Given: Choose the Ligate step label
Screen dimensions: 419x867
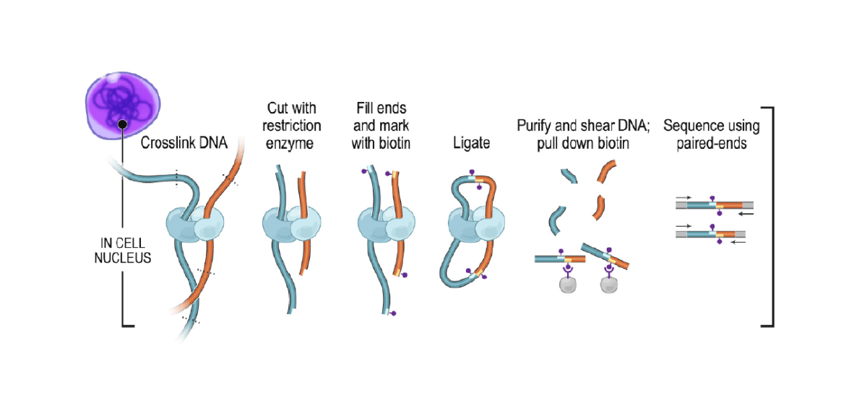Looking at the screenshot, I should coord(471,143).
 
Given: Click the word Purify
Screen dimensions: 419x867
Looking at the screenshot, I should coord(535,126).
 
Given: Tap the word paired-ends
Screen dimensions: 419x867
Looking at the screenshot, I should coord(712,143).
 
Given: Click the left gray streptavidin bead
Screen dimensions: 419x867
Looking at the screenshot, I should coord(566,284).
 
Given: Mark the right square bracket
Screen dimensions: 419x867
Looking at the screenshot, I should coord(769,217).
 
